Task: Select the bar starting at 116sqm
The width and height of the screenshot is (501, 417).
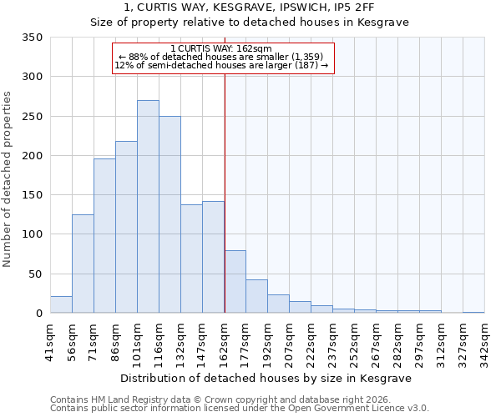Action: pos(170,214)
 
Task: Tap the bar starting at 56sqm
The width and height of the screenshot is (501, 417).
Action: pos(83,264)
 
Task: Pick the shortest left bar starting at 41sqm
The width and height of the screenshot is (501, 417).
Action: pos(61,304)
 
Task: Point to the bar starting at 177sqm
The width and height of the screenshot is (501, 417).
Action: pos(256,296)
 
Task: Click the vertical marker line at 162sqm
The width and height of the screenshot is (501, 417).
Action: pos(225,192)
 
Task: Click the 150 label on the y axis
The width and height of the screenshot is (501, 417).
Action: pos(33,195)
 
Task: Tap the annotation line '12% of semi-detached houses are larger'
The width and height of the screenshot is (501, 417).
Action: pos(220,65)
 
